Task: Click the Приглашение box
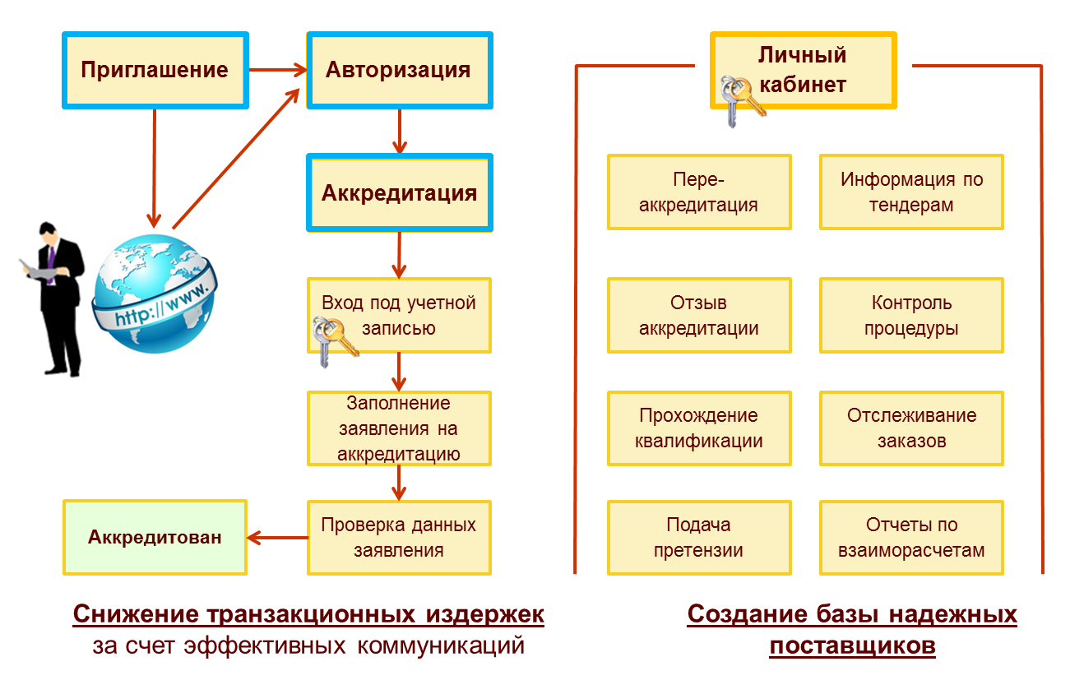point(155,70)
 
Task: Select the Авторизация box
point(399,70)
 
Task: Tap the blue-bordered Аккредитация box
point(399,193)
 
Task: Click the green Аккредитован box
point(155,538)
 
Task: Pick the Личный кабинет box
point(803,70)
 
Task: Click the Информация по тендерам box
point(911,192)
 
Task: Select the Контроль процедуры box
point(911,316)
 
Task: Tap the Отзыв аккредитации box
point(699,316)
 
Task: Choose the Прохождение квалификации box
point(699,428)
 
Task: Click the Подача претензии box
point(699,538)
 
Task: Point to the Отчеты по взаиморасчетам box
point(911,538)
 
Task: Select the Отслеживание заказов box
point(911,428)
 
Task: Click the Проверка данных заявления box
point(399,538)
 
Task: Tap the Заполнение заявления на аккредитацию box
point(399,428)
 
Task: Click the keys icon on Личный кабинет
point(740,99)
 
